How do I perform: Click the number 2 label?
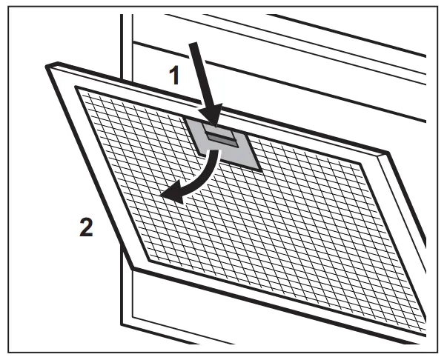(87, 227)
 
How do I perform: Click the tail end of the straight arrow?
(193, 46)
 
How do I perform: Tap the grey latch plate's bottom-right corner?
(260, 170)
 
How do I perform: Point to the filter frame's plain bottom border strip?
(282, 304)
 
